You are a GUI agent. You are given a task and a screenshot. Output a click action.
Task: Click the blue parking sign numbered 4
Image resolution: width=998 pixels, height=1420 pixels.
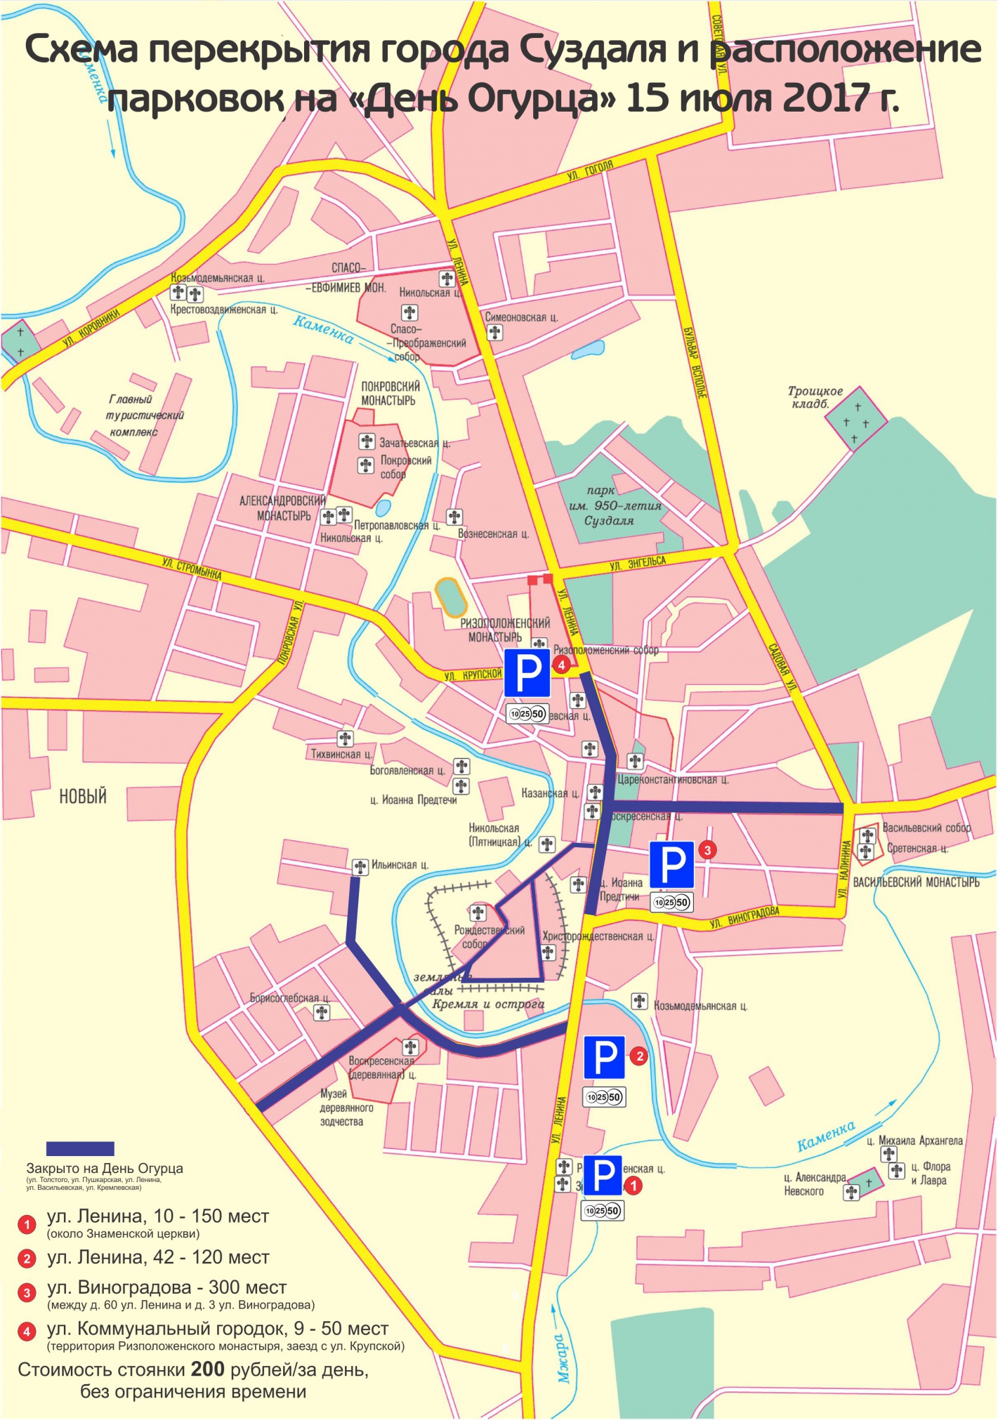click(x=527, y=672)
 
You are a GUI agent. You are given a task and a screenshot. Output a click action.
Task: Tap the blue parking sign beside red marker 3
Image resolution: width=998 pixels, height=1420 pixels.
click(x=671, y=865)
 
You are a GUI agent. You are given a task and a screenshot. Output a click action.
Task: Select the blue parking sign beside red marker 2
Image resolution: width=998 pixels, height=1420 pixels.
click(x=604, y=1057)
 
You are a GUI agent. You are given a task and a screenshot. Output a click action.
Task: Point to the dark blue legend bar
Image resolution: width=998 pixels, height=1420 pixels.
click(x=80, y=1148)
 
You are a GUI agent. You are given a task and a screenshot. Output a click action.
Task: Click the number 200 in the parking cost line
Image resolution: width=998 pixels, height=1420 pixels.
click(x=207, y=1369)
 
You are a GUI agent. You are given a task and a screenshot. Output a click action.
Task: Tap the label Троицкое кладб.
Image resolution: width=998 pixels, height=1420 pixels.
click(x=815, y=397)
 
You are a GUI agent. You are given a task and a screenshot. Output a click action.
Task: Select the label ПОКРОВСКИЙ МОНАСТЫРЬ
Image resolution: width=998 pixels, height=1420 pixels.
click(x=390, y=393)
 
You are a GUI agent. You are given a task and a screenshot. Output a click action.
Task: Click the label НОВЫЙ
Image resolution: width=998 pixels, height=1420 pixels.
click(x=83, y=796)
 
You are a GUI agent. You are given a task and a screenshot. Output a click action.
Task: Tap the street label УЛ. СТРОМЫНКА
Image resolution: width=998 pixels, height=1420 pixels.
click(x=191, y=569)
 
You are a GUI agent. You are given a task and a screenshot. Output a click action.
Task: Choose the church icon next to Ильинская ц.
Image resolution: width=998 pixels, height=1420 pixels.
click(x=360, y=867)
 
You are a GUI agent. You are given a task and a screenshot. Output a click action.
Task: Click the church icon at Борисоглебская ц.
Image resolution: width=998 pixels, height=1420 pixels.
click(x=322, y=1012)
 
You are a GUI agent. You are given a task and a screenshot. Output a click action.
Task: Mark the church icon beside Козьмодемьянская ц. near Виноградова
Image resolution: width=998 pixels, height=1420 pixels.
click(x=639, y=1001)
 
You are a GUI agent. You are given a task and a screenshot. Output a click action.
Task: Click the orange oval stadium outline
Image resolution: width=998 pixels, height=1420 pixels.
click(x=451, y=597)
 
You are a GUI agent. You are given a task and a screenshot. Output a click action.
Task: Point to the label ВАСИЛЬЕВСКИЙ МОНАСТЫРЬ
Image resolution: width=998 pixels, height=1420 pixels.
click(x=916, y=882)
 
